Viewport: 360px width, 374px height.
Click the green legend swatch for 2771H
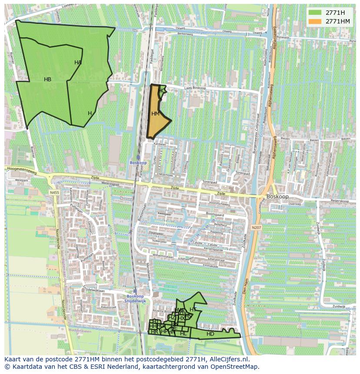315,12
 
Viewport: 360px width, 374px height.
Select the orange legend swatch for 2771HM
315,21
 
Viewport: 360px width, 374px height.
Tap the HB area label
47,79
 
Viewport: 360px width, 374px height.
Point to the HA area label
78,63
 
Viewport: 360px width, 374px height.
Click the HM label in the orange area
155,114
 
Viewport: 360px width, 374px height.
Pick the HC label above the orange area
161,91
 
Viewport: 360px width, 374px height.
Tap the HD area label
210,334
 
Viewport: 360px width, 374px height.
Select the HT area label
193,310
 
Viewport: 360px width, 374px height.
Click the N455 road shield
54,192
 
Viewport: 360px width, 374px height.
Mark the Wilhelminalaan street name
163,257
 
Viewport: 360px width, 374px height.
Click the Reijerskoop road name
340,201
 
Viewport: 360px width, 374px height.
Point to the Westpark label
21,179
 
